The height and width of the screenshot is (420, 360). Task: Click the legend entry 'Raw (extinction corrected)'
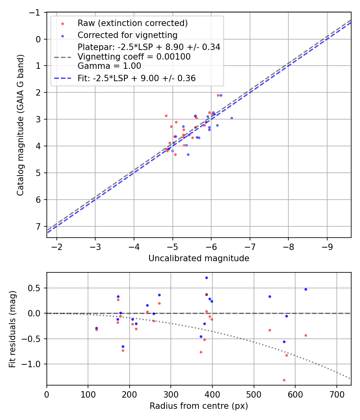[x=132, y=23]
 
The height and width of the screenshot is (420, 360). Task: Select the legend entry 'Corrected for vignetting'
[x=128, y=35]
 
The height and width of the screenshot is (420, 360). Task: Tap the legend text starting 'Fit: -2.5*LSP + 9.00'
[x=136, y=78]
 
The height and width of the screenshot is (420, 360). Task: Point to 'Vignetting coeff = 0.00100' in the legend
[x=134, y=57]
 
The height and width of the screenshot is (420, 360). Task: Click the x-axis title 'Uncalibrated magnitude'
[x=199, y=258]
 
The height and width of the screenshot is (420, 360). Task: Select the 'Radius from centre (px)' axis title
[x=199, y=406]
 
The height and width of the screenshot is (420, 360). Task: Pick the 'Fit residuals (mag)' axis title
[x=12, y=329]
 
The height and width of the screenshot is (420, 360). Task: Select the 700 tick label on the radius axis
[x=336, y=394]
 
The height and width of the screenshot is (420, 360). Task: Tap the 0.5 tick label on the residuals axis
[x=36, y=288]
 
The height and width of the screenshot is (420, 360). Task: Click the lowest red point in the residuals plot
[x=284, y=380]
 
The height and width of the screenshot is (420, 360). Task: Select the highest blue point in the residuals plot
[x=206, y=278]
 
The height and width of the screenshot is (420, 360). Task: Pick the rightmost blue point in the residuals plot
[x=306, y=289]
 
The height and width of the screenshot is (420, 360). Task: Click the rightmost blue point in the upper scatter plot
[x=232, y=118]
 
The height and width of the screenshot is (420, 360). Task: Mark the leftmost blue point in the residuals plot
[x=96, y=328]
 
